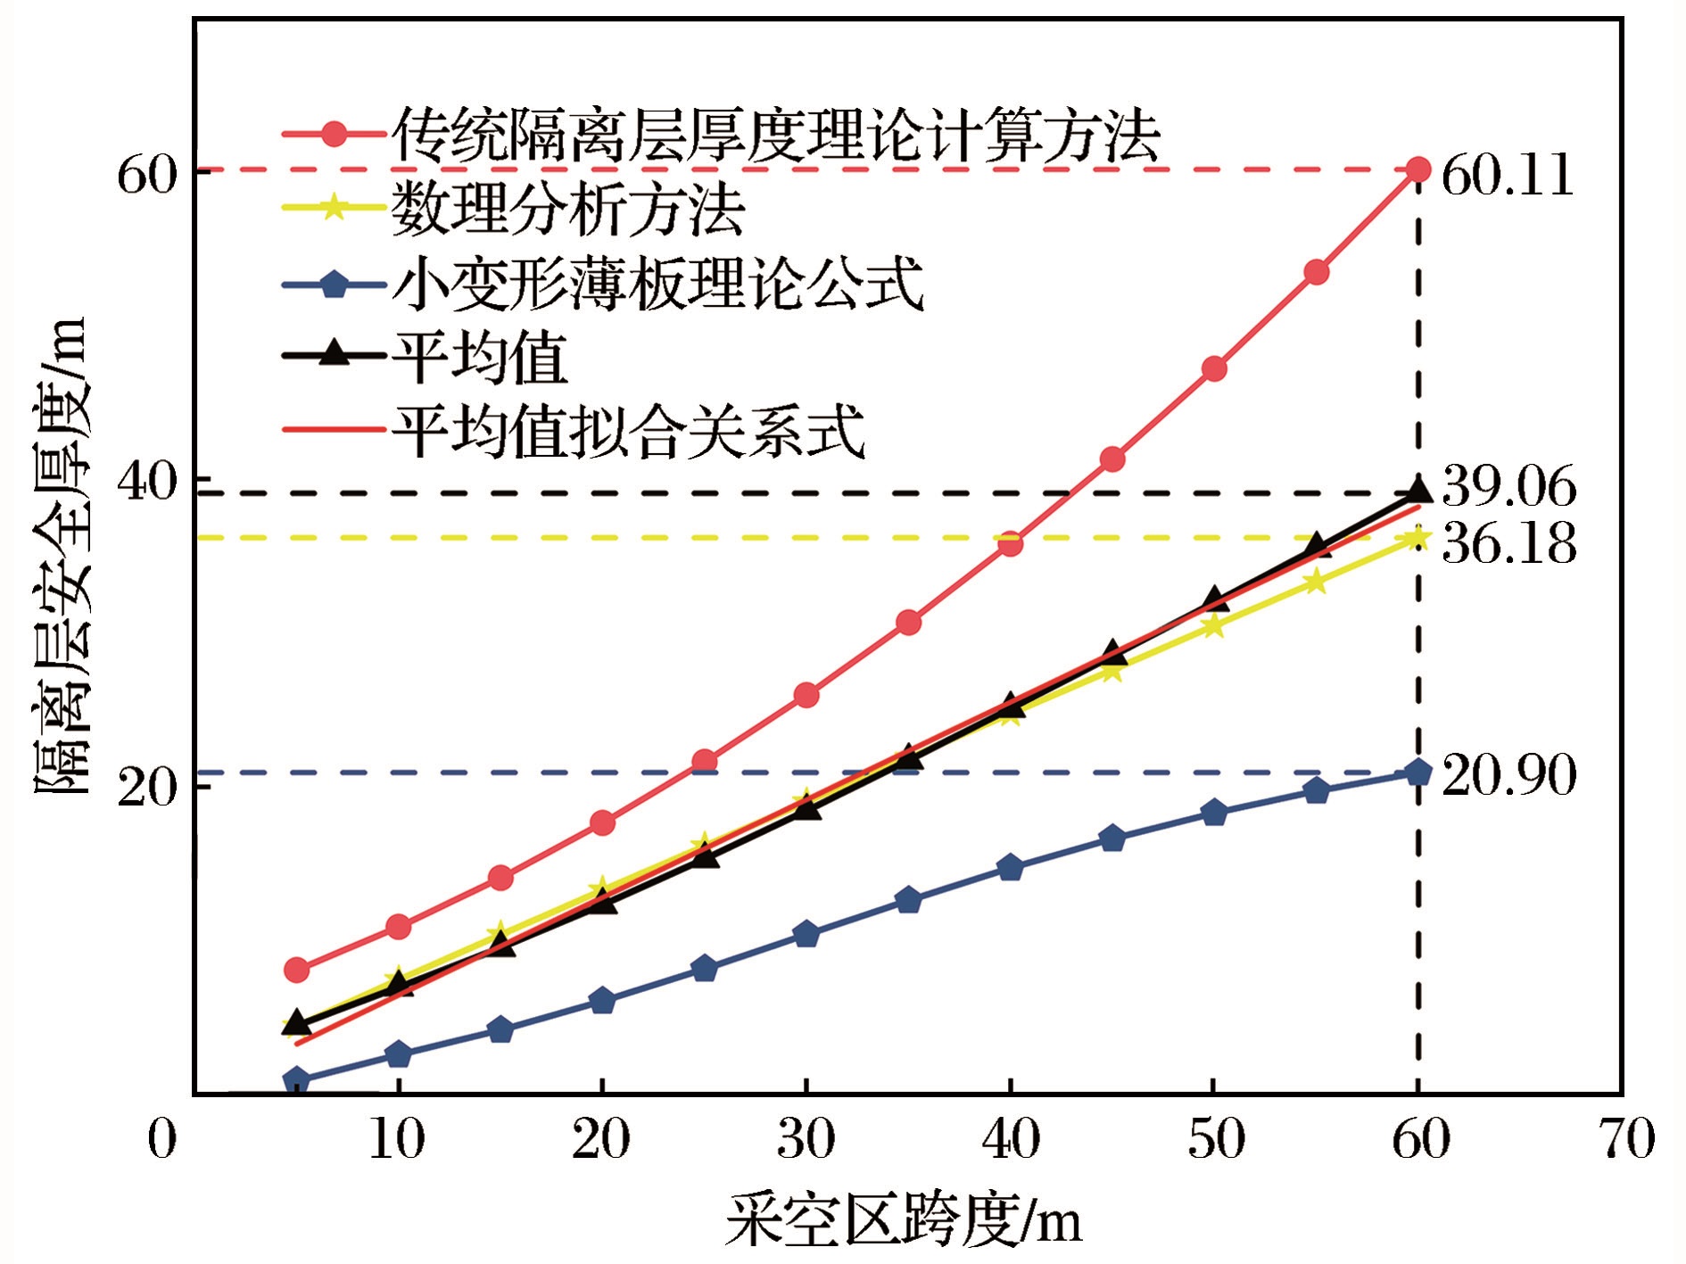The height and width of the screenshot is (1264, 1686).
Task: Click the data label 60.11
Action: point(1507,175)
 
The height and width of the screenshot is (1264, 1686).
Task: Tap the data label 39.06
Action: point(1508,487)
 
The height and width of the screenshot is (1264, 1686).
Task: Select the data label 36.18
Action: point(1508,542)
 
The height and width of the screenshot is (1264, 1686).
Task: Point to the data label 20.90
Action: point(1508,774)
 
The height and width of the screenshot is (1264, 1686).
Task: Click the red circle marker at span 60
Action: point(1418,169)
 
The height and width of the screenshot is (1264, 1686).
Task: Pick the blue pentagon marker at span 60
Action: point(1418,772)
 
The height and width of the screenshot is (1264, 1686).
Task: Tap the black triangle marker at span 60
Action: point(1418,491)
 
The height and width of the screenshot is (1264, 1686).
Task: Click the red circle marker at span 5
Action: point(296,970)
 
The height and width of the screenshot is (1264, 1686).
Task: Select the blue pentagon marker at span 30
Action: point(806,934)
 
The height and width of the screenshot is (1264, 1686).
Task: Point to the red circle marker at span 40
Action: point(1010,543)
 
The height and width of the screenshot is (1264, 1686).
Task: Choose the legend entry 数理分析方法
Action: point(567,209)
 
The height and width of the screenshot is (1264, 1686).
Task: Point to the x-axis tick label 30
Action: point(806,1139)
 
